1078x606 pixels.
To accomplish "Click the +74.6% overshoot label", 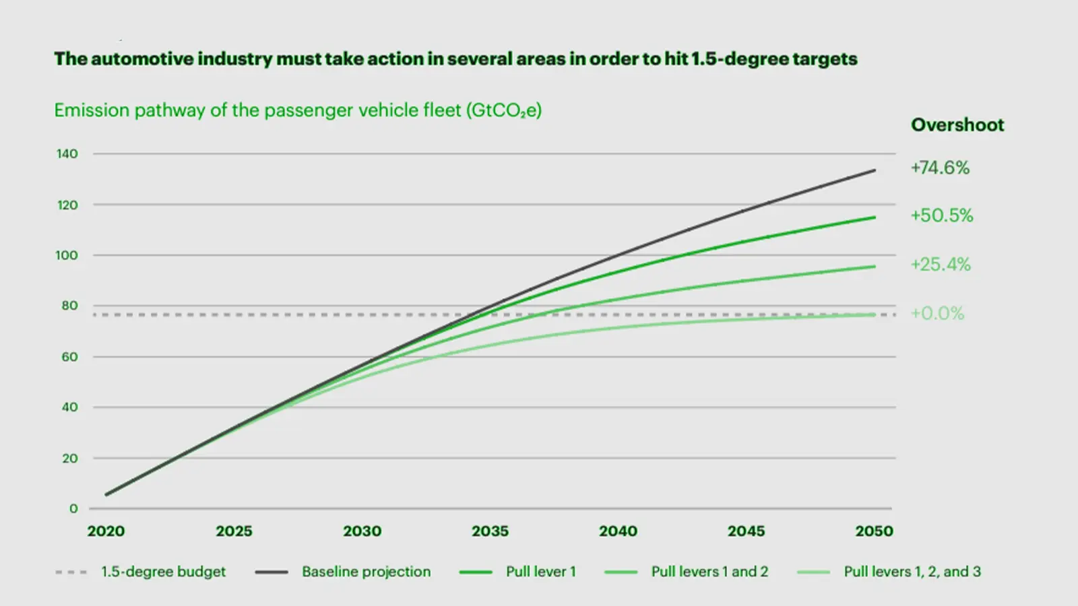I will pos(940,168).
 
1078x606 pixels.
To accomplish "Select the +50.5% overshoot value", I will pos(942,215).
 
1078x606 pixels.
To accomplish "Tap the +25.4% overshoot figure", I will pos(941,264).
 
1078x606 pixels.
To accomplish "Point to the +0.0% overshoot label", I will pos(937,313).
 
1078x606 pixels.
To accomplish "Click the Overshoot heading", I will pos(957,125).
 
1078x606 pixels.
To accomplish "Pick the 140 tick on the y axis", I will pos(67,154).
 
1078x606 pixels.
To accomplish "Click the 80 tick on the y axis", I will pos(69,306).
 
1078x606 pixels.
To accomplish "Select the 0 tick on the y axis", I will pos(73,509).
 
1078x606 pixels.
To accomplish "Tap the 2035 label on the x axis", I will pos(490,531).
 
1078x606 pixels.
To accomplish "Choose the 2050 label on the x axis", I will pos(874,531).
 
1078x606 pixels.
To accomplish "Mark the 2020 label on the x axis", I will pos(106,531).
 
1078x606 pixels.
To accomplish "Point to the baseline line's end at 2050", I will pos(875,171).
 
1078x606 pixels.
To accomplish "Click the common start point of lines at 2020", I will pos(107,494).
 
